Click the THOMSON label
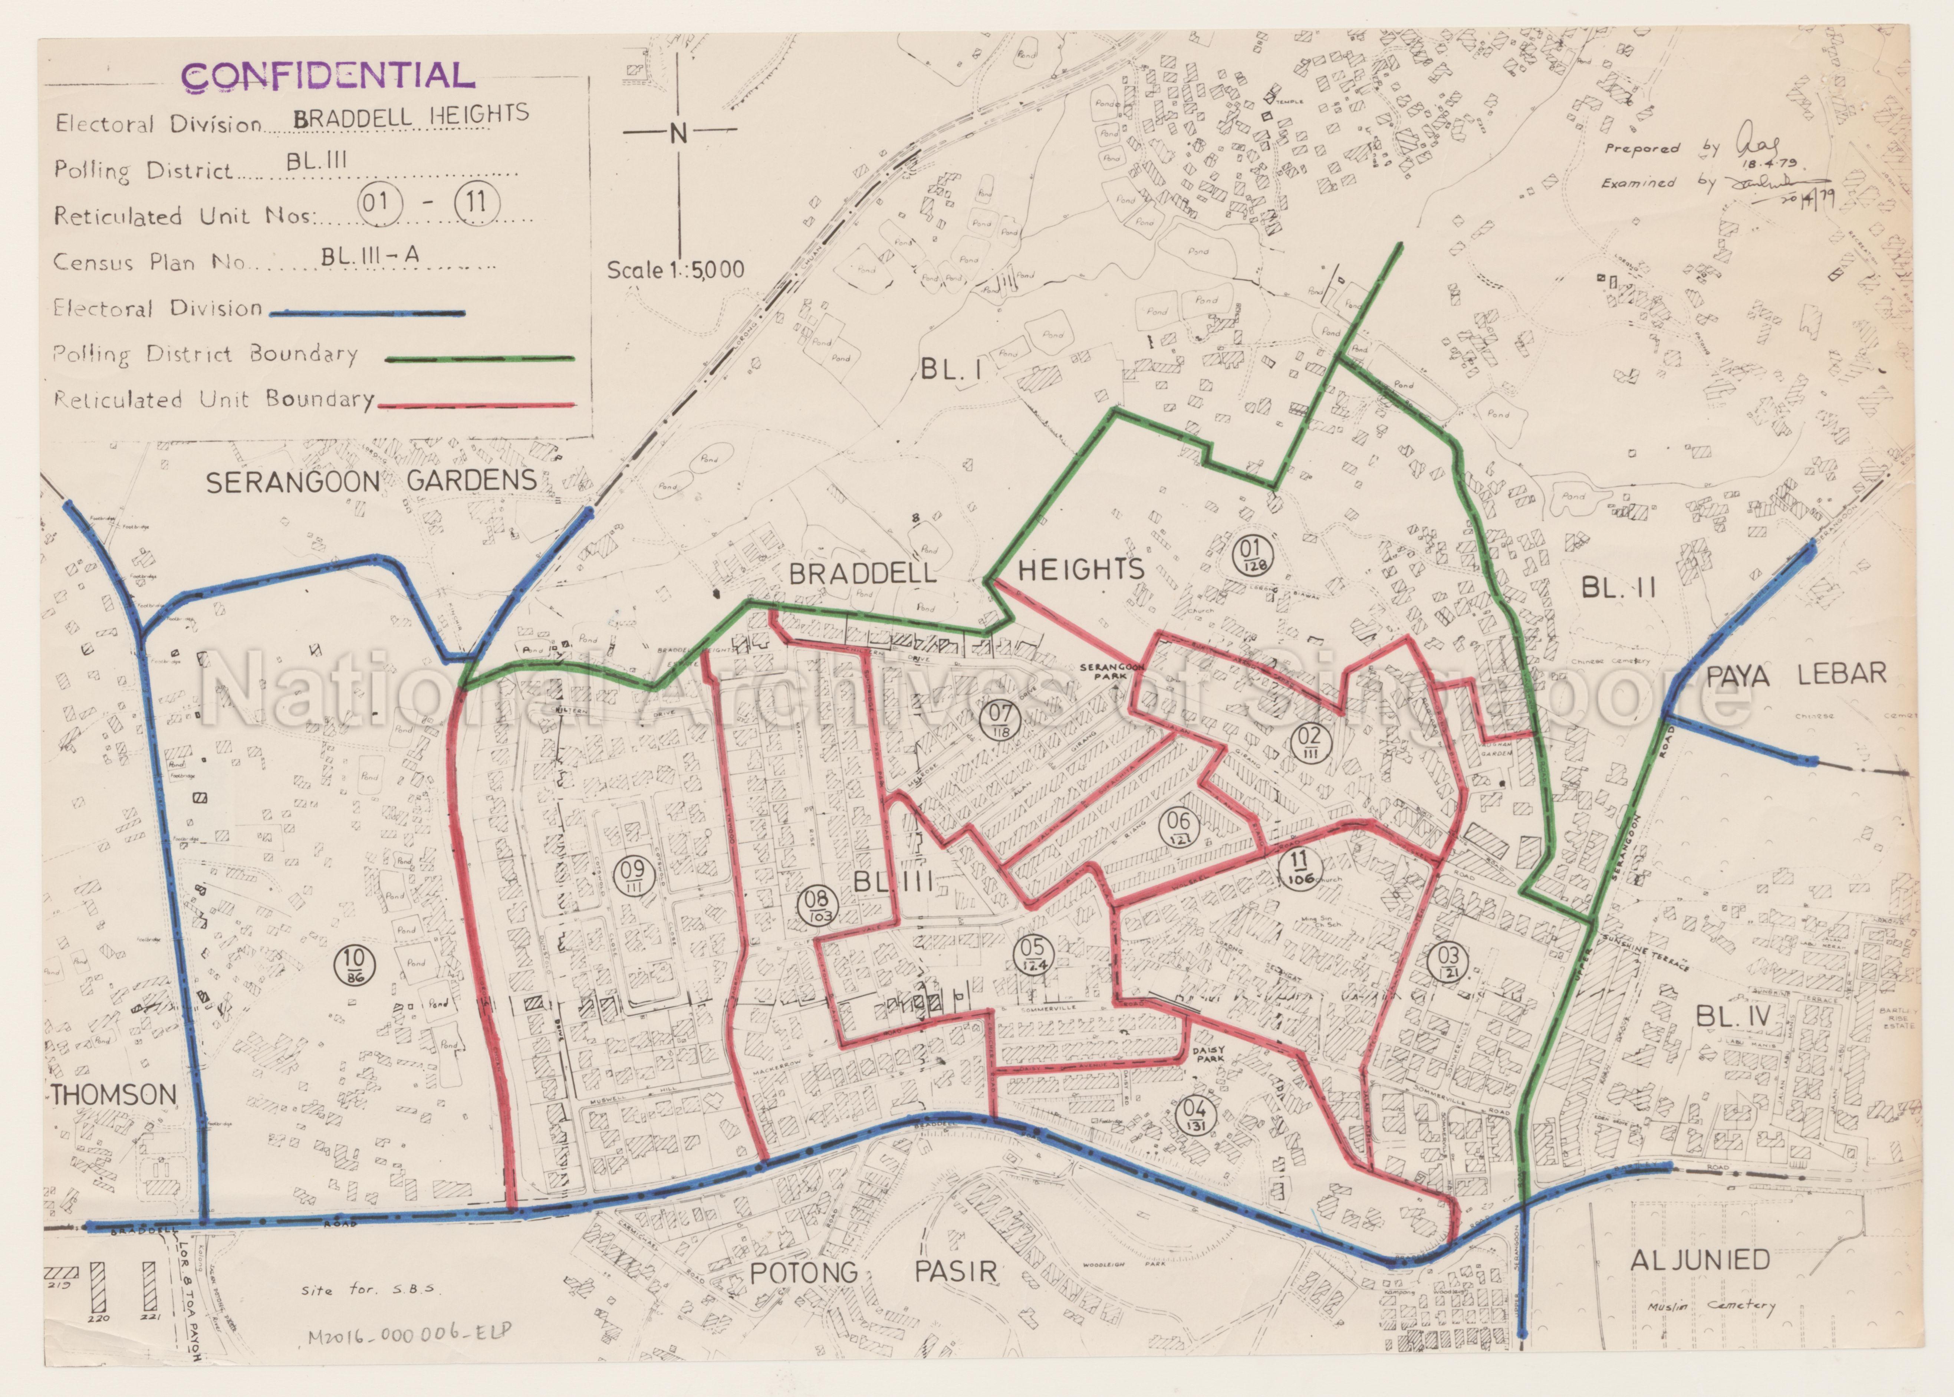point(114,1095)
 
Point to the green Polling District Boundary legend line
point(479,359)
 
